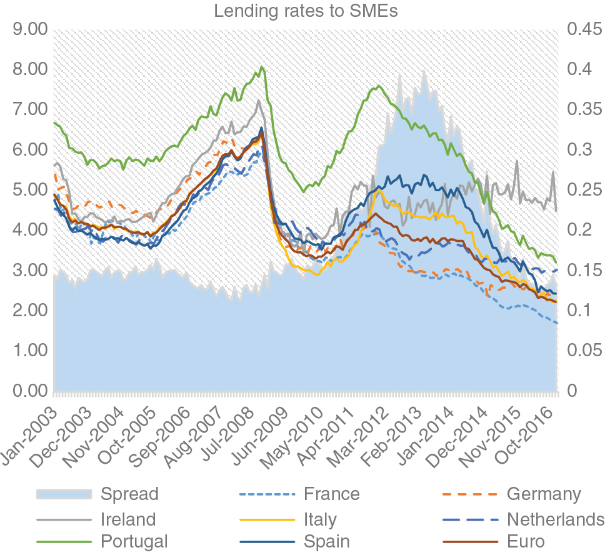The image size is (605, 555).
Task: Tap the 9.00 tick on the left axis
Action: click(x=29, y=29)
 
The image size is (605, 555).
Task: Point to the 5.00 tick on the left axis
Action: click(x=29, y=190)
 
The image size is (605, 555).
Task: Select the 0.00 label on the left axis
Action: click(x=29, y=391)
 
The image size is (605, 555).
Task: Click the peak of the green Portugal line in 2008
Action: click(x=262, y=67)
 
